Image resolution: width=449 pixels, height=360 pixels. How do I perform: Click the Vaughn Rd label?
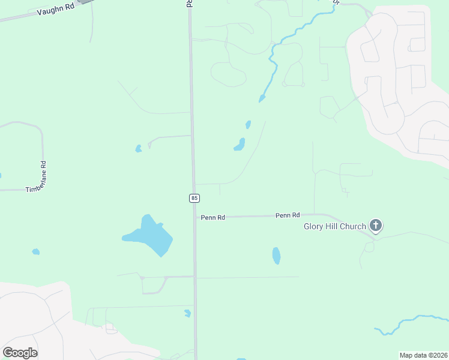56,9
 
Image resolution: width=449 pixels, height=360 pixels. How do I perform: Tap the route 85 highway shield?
194,198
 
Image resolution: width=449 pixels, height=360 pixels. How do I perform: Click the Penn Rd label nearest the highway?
212,218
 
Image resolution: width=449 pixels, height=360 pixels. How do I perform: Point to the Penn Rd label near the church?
288,215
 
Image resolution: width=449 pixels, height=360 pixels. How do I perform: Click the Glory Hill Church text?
335,226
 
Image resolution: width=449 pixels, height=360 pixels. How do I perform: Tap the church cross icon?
376,226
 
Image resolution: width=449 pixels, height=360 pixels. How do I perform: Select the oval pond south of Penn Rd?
276,256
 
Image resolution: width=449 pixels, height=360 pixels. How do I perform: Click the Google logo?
20,353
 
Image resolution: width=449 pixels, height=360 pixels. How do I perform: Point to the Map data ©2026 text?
423,355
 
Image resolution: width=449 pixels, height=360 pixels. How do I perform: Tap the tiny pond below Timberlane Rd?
35,252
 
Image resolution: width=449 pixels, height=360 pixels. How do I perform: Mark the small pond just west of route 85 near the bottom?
188,313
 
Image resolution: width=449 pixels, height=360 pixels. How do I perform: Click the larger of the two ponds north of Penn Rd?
240,145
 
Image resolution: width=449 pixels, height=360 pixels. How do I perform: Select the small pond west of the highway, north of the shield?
139,148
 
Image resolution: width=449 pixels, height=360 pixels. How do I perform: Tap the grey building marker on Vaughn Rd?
86,2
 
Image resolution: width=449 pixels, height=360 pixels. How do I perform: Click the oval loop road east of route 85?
228,74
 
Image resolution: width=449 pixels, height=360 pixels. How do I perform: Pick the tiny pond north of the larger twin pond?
248,125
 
